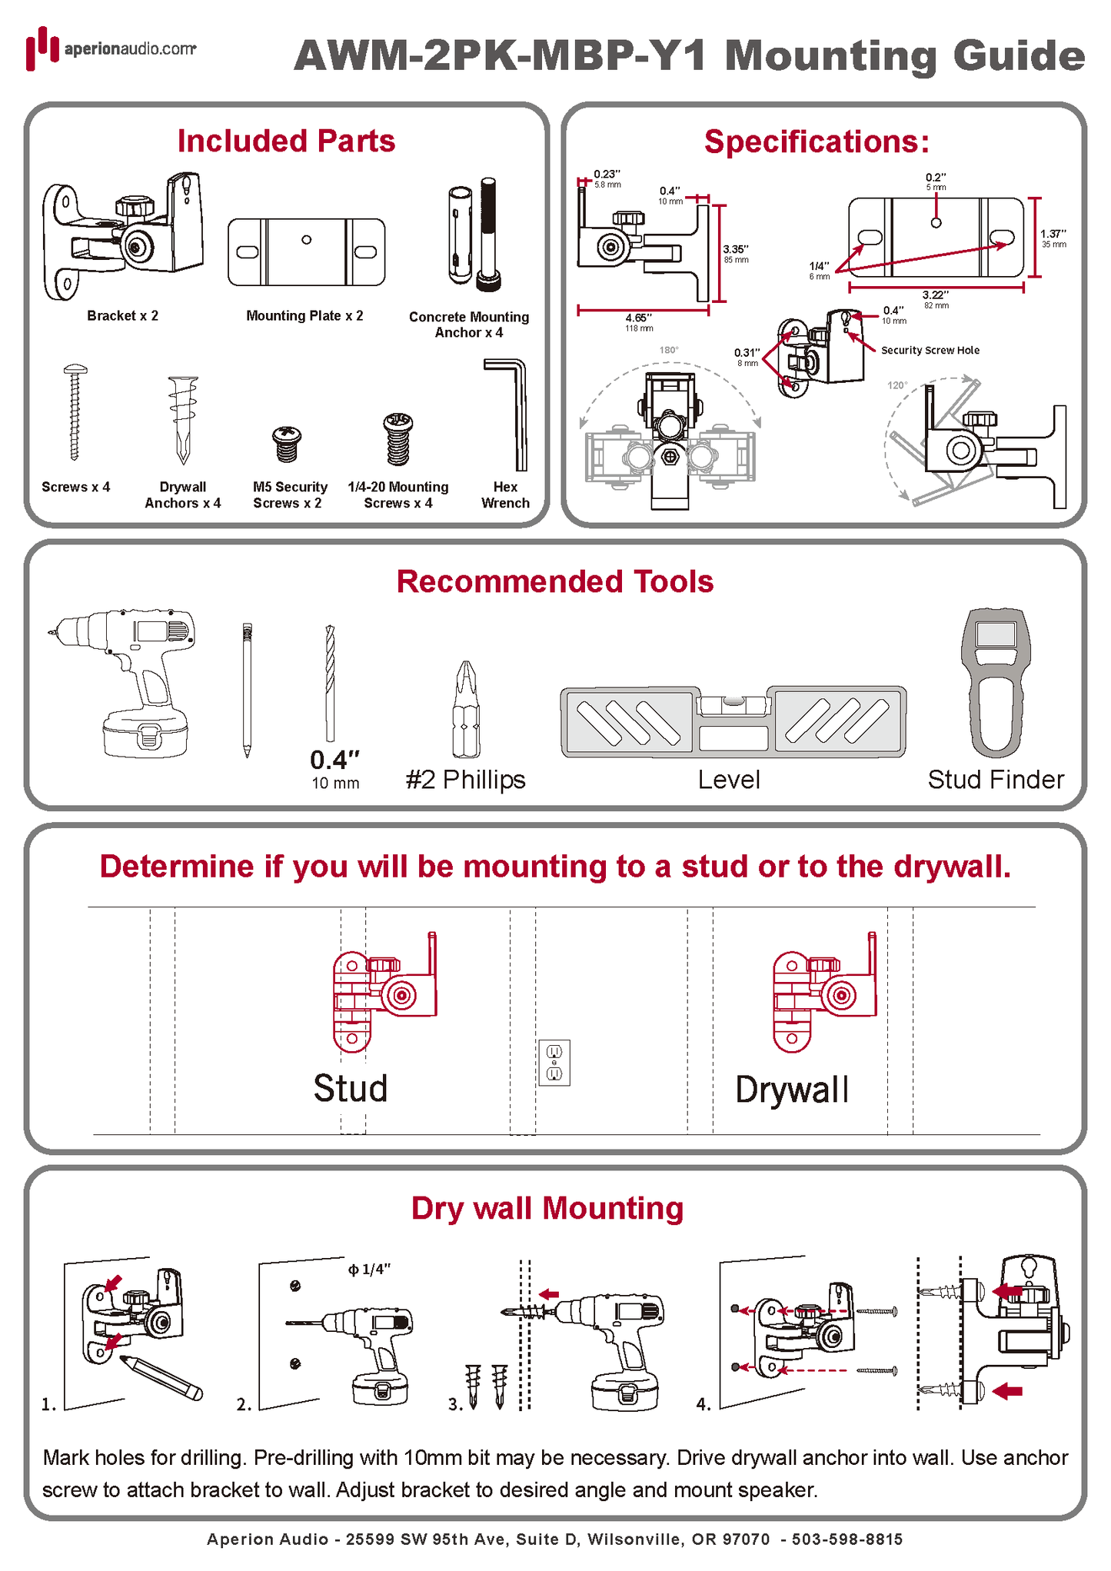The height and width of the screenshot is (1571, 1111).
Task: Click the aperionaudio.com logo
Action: (111, 48)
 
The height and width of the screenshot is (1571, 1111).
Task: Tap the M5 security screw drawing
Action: (287, 444)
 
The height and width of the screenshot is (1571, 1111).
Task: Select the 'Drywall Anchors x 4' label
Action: (183, 495)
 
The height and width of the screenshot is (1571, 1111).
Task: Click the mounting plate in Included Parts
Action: (306, 252)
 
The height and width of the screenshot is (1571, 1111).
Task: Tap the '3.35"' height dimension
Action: (735, 250)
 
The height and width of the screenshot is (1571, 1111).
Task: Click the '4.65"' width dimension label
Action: (638, 318)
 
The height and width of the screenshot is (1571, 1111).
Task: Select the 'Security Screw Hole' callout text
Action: (930, 351)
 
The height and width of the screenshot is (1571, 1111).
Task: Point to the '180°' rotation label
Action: (669, 351)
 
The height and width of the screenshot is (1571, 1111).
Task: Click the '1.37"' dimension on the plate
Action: (1053, 235)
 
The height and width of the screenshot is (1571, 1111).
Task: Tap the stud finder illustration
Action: (996, 681)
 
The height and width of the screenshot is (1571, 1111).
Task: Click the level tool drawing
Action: (733, 721)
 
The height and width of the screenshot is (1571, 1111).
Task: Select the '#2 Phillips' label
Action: (466, 780)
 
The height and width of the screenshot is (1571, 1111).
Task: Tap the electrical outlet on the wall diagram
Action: (554, 1063)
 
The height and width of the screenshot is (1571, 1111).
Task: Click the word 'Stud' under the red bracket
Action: (351, 1089)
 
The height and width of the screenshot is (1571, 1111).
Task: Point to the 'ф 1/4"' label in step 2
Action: (369, 1270)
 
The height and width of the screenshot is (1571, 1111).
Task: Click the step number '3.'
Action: (455, 1404)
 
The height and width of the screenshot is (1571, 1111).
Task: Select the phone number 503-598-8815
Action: (847, 1539)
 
